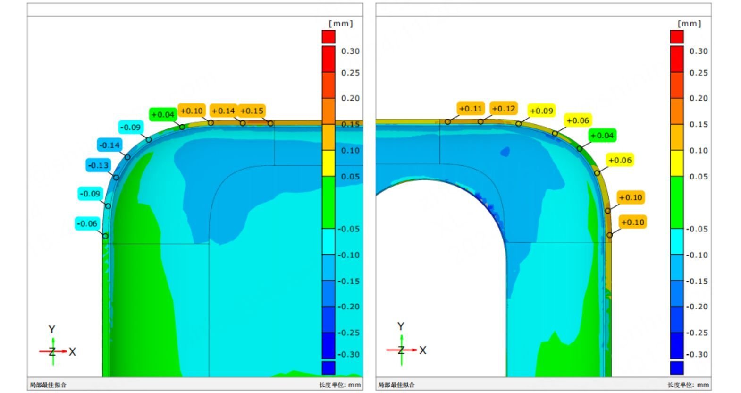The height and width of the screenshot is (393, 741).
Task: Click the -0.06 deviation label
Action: point(87,224)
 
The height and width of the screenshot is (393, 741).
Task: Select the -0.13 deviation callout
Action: point(98,165)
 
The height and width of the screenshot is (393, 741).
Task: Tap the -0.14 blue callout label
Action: point(109,145)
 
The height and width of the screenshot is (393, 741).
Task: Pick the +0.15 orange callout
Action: point(252,111)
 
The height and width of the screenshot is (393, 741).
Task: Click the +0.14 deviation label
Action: point(223,111)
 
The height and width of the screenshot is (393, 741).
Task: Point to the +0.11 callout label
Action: point(471,109)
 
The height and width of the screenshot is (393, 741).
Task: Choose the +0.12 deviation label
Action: point(504,109)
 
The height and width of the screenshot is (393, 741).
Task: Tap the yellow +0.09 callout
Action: point(541,111)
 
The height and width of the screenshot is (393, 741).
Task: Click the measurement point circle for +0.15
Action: point(270,124)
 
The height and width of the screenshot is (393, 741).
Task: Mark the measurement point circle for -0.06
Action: point(105,236)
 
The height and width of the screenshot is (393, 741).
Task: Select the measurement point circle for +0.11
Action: point(447,122)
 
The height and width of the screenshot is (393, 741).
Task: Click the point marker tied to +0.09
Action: point(518,124)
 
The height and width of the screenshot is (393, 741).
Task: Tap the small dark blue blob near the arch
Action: point(505,152)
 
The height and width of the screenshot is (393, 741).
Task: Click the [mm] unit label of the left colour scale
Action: point(340,23)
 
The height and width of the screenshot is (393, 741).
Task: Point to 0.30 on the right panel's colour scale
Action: point(699,51)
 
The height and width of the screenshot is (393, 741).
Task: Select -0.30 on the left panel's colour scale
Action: point(349,354)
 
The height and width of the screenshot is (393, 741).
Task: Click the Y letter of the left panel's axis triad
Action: point(52,329)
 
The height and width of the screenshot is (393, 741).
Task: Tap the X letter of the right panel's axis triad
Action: point(423,350)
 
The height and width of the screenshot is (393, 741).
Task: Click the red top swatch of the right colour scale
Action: point(677,36)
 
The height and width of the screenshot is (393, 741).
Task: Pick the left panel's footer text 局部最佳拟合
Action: point(48,385)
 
